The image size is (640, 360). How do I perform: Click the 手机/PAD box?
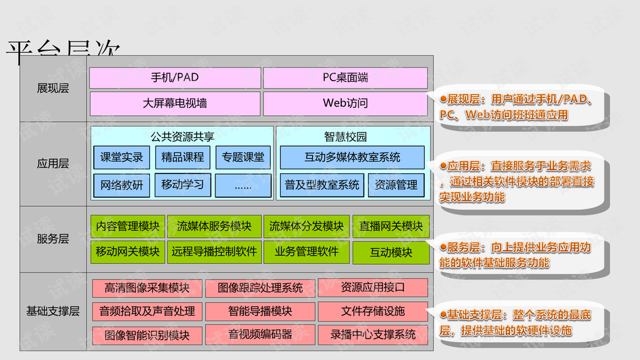coord(175,77)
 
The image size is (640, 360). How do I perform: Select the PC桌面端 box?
coord(345,77)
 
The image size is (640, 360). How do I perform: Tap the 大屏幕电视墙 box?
coord(175,103)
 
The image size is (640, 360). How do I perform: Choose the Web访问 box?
coord(345,103)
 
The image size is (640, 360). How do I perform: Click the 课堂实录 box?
coord(122,158)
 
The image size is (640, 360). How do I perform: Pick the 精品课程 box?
coord(183,158)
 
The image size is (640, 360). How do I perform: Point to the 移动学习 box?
coord(183,185)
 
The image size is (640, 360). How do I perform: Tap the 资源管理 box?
coord(396,185)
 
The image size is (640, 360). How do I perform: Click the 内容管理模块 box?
coord(127,227)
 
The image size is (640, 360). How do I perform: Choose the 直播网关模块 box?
coord(391,227)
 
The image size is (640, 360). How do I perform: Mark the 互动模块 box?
coord(391,253)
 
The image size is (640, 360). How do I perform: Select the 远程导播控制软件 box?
coord(214,252)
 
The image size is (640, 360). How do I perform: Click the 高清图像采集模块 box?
coord(147,288)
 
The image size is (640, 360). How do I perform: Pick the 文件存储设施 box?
coord(373,311)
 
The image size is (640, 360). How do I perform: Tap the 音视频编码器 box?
coord(260,334)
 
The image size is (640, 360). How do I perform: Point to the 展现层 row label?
coord(53,88)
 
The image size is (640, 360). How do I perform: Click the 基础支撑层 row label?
coord(53,311)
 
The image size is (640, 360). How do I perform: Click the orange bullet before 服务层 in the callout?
coord(443,247)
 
